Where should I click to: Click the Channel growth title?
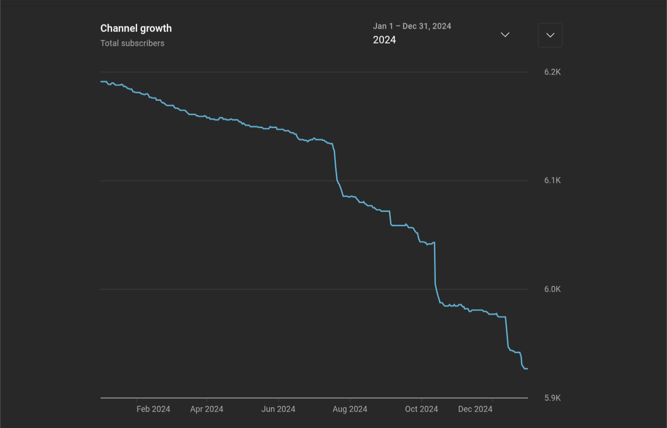tap(136, 28)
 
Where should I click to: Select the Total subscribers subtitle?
tap(132, 43)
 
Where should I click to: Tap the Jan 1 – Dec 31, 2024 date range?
tap(412, 26)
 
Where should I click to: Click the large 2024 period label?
tap(384, 40)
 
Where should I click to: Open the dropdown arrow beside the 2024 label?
tap(505, 35)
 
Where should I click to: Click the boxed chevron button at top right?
tap(550, 35)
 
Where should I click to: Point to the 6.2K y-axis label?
tap(552, 72)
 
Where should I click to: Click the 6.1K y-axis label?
tap(552, 180)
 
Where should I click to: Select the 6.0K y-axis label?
tap(552, 289)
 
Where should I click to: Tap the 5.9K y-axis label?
tap(552, 398)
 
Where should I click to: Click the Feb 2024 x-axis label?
tap(153, 409)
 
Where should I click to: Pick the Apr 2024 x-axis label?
tap(207, 409)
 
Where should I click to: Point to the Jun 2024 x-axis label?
tap(278, 409)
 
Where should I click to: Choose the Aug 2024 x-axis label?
tap(350, 409)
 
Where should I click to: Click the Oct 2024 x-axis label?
tap(422, 409)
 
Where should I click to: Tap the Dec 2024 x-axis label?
tap(475, 409)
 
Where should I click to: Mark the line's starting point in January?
tap(101, 82)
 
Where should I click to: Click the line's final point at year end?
tap(527, 369)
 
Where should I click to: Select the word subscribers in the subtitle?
tap(143, 43)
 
